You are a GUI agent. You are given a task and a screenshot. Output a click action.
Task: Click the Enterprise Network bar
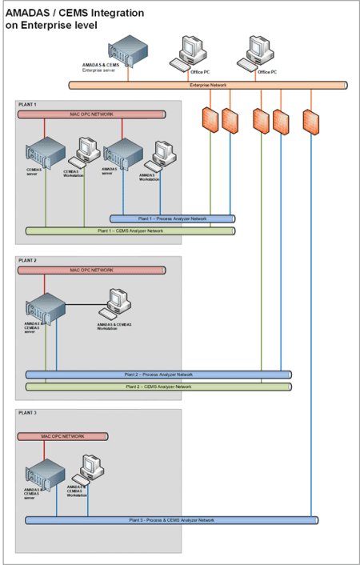(208, 84)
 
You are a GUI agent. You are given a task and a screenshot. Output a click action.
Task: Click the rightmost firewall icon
(311, 120)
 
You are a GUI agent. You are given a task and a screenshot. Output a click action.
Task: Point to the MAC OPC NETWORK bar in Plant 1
(91, 114)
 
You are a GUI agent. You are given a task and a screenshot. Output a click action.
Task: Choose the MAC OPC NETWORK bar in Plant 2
(91, 270)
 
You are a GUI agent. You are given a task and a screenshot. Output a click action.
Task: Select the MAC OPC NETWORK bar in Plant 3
(62, 437)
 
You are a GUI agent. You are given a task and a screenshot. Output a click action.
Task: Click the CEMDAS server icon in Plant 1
(46, 152)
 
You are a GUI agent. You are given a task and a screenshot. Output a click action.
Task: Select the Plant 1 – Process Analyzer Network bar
(172, 218)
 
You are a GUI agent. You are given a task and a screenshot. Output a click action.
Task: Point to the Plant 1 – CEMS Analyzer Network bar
(130, 230)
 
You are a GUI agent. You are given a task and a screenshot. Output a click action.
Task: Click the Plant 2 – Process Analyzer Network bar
(158, 374)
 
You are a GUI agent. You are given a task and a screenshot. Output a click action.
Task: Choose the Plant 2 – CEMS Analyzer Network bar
(158, 386)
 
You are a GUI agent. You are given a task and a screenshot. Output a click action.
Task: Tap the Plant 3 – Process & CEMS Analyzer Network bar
(171, 520)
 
